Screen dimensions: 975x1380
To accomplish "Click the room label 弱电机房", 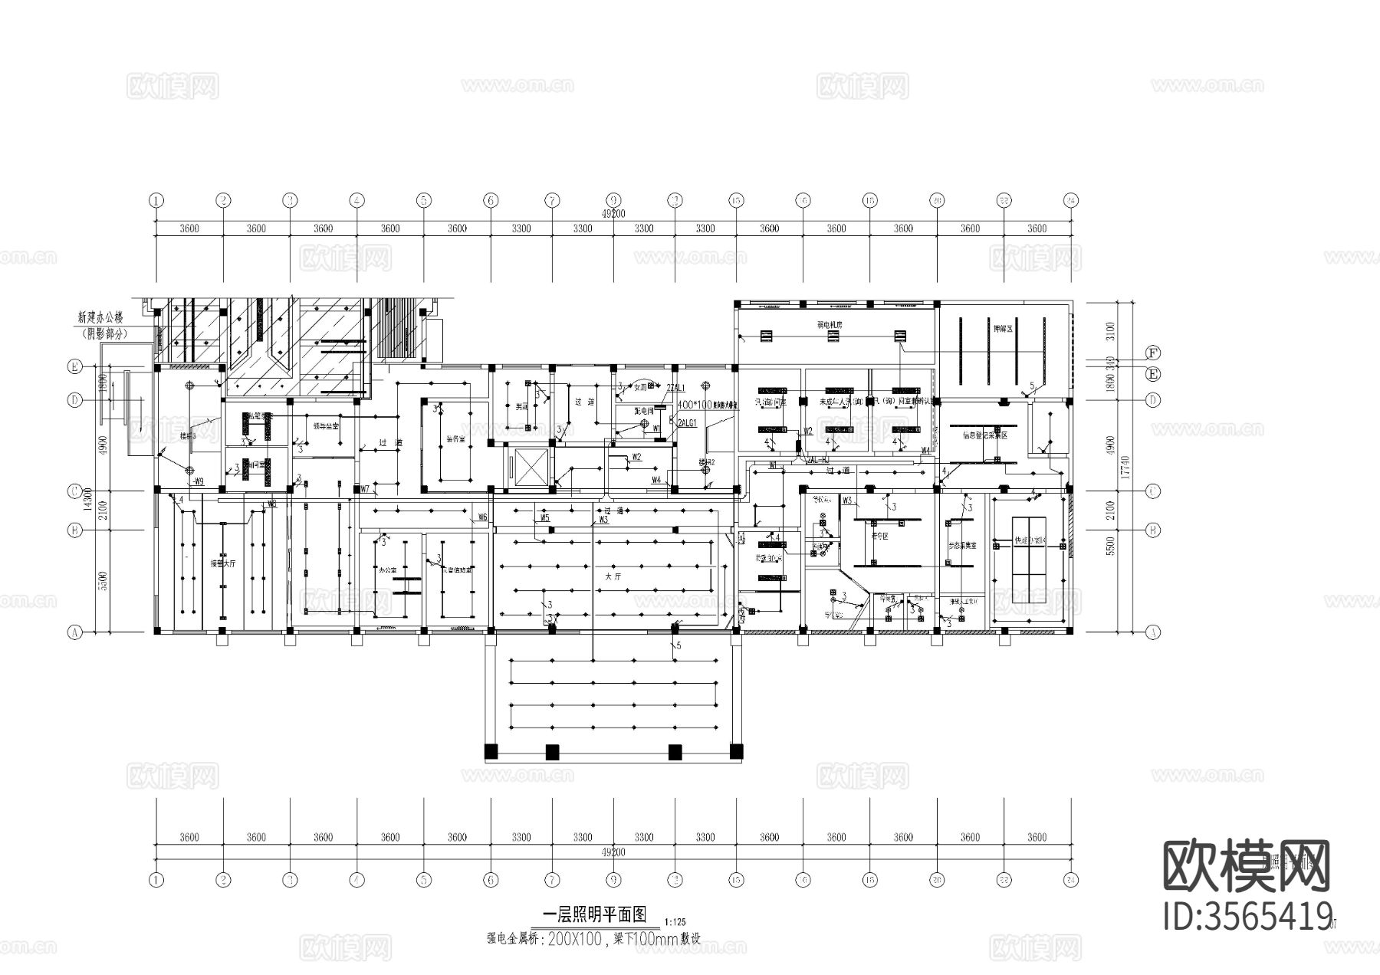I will (x=829, y=325).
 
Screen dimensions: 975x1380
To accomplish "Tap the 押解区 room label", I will (x=1004, y=328).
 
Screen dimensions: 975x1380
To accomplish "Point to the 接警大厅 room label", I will (x=223, y=562).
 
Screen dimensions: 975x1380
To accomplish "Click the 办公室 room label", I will (x=387, y=570).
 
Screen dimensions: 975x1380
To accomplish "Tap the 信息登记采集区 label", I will (x=984, y=435).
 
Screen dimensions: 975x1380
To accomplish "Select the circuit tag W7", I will (x=365, y=489).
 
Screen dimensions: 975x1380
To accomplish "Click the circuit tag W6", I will (x=482, y=517).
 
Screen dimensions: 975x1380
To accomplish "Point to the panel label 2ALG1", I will (x=687, y=423).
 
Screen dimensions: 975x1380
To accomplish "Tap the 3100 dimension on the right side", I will (x=1112, y=330).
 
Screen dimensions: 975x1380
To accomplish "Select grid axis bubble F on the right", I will (x=1152, y=353).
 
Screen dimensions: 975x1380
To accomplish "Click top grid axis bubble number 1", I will (x=156, y=201).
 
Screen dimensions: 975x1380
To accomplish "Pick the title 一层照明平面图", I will (x=594, y=914).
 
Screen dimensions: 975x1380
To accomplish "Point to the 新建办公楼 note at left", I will (x=103, y=316).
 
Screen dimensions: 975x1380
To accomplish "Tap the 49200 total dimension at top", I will (x=613, y=215).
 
